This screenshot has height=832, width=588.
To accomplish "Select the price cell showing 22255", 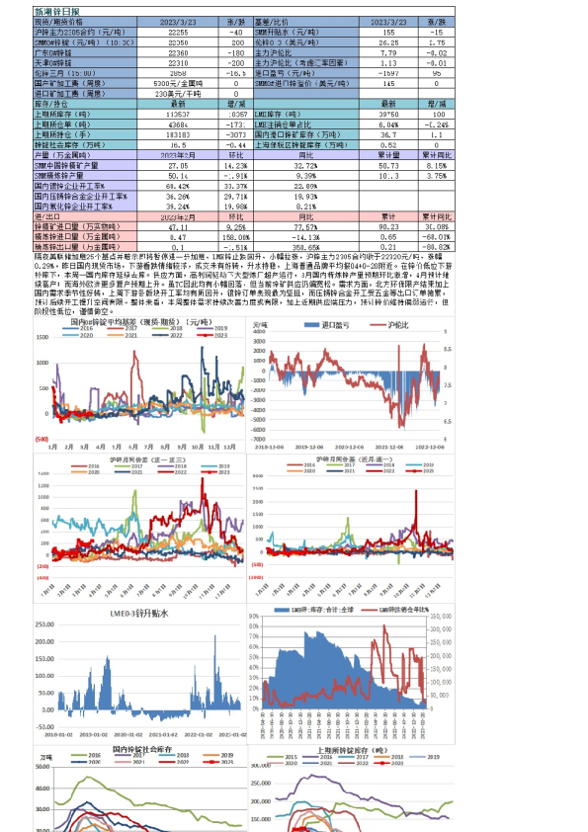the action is pyautogui.click(x=178, y=34).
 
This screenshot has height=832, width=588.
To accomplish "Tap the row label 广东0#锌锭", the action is pyautogui.click(x=56, y=53).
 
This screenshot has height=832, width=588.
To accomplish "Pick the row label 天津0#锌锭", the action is pyautogui.click(x=56, y=63).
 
